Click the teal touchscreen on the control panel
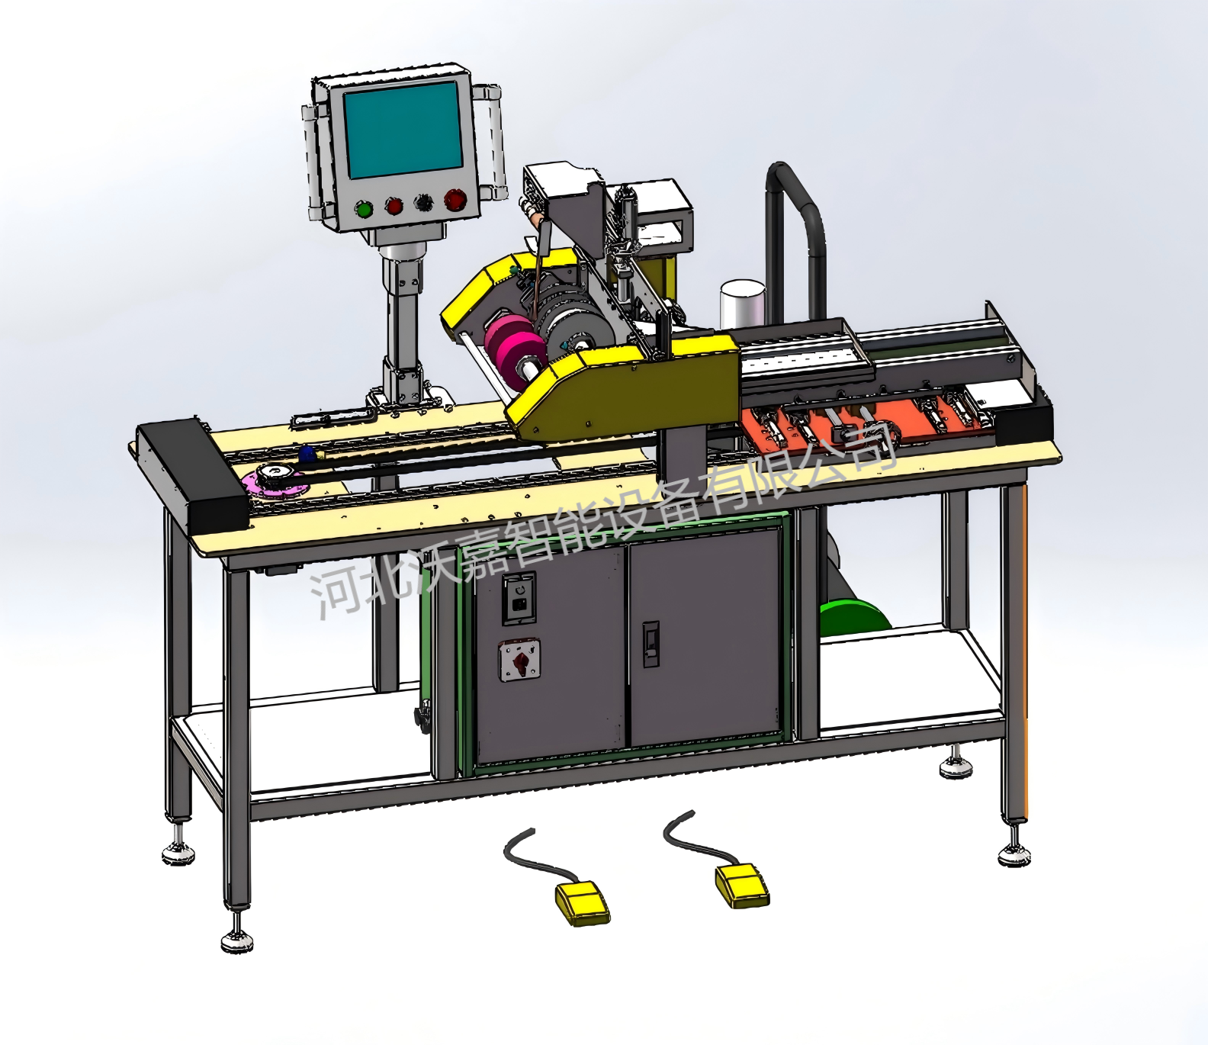pos(403,130)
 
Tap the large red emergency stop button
pos(455,200)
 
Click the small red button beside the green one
pos(394,206)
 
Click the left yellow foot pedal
pos(583,902)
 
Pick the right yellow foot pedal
pos(741,885)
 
